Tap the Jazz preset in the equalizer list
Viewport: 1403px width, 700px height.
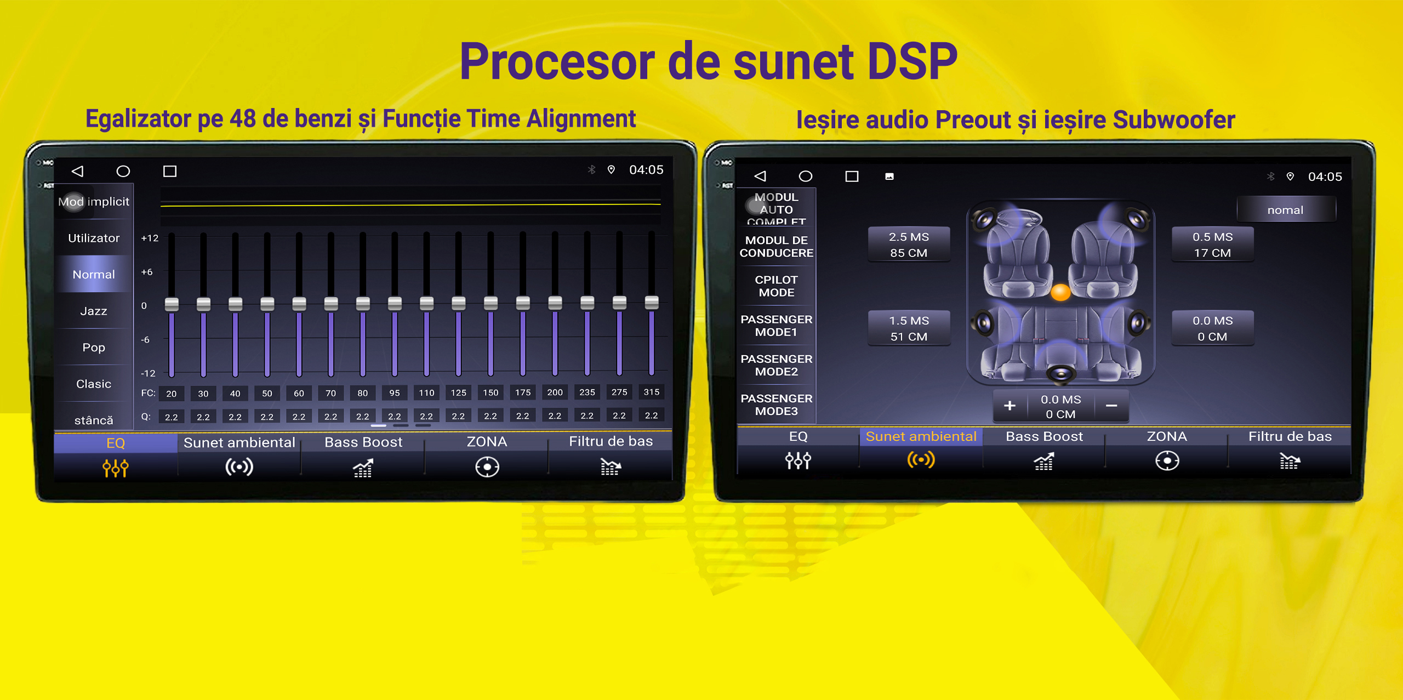point(94,311)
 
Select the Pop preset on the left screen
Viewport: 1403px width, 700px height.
point(94,348)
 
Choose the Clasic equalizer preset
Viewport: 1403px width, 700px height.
point(94,384)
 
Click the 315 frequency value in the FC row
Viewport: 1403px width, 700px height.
point(651,392)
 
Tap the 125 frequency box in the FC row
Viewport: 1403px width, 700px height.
point(458,392)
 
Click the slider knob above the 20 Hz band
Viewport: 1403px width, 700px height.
point(172,304)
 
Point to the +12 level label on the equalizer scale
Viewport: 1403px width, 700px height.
point(150,238)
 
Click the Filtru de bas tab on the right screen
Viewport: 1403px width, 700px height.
point(1290,449)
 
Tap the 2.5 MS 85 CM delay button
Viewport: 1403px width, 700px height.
point(909,244)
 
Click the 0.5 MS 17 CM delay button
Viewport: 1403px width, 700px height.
point(1212,244)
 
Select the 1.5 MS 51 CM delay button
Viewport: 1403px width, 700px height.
point(909,328)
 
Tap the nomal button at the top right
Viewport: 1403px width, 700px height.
point(1285,210)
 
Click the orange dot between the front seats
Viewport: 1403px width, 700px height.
point(1060,292)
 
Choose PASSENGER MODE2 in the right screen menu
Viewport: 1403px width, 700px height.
point(776,365)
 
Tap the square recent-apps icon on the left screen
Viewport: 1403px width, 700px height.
point(170,172)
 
